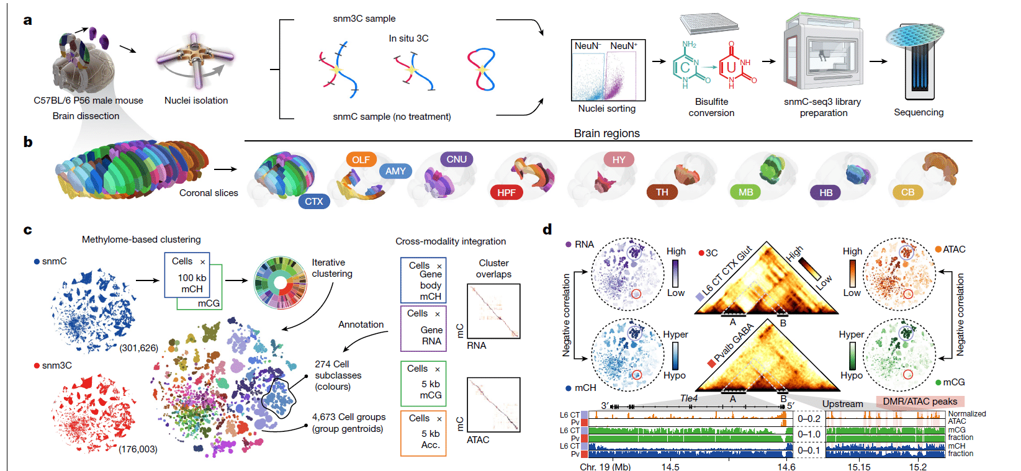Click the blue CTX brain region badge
point(313,201)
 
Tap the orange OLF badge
point(361,159)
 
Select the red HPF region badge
point(506,192)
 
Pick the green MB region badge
point(745,192)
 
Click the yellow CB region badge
point(907,192)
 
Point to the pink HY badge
point(619,159)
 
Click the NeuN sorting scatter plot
point(608,70)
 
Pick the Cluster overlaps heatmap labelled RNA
point(493,311)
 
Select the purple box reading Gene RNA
point(423,328)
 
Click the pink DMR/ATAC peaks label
point(920,401)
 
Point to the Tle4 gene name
point(688,398)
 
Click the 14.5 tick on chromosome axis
point(670,467)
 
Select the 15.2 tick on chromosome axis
point(917,467)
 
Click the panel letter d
point(547,230)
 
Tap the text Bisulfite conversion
point(711,107)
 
